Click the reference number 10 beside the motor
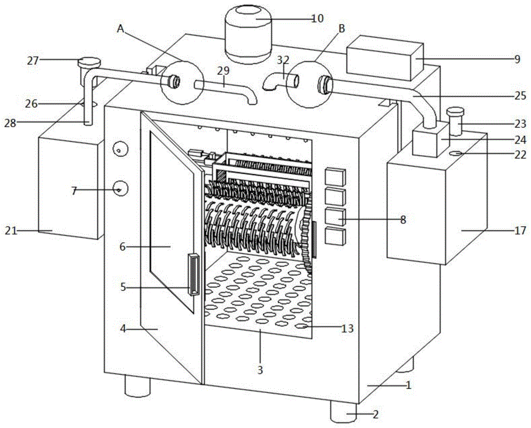coord(317,18)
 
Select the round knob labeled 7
coord(120,188)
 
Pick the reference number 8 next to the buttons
coord(403,219)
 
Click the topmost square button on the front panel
coord(335,176)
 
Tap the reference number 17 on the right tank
coord(520,230)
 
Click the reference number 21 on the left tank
coord(11,230)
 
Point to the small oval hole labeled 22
coord(455,153)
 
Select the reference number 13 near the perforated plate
coord(348,329)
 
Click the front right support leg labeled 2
coord(342,411)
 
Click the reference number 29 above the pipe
coord(224,71)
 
